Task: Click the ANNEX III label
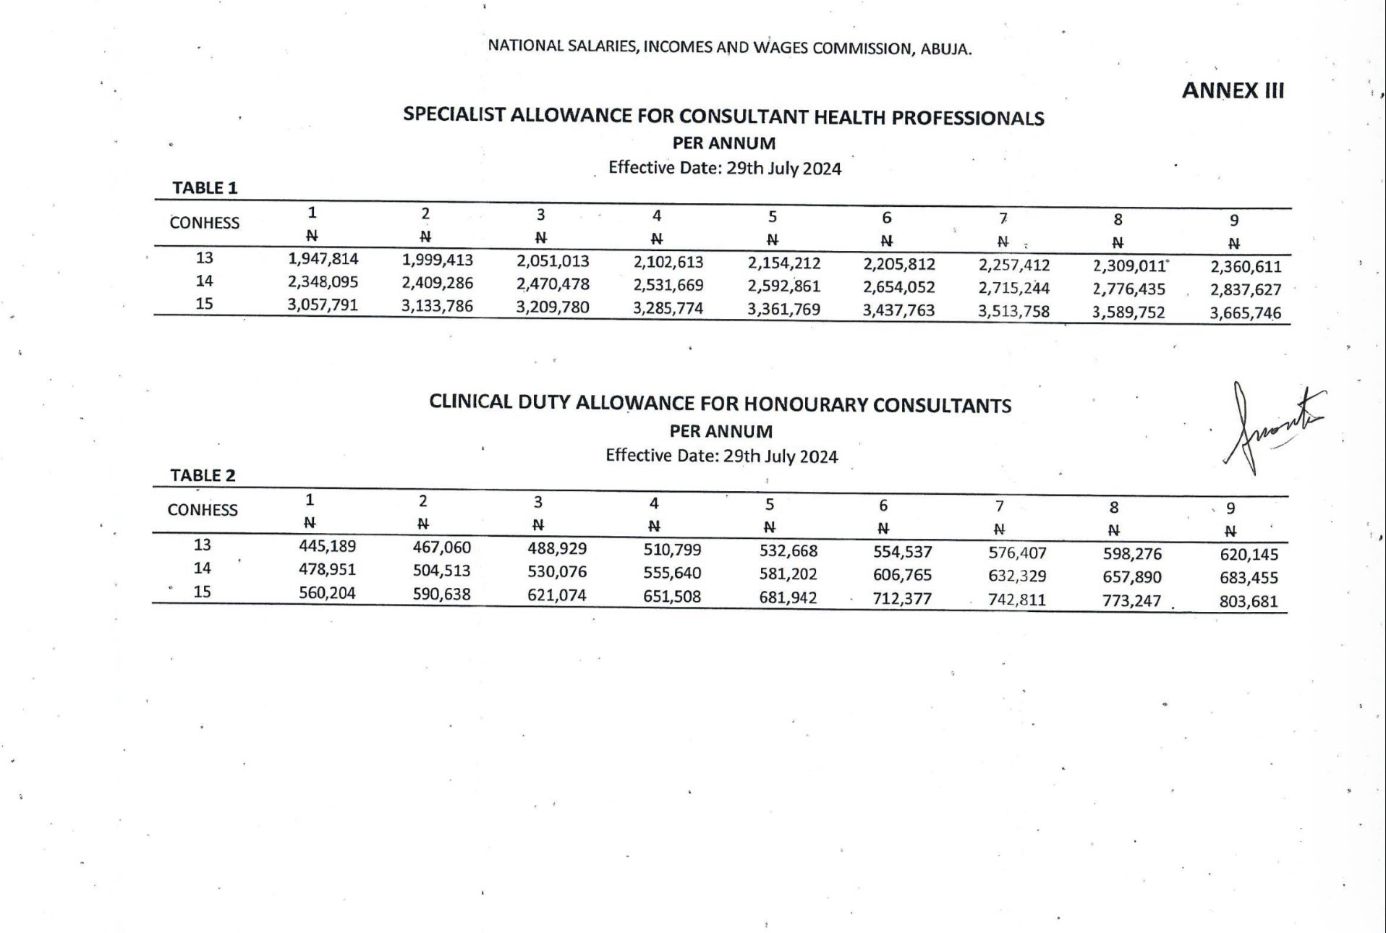click(1233, 90)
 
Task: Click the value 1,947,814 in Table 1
click(323, 258)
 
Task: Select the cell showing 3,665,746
click(1245, 313)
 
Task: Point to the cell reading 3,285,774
click(668, 309)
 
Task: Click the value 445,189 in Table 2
click(327, 546)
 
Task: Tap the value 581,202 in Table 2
click(788, 574)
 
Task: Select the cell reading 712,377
click(901, 599)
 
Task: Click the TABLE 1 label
click(205, 188)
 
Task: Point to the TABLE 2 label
click(203, 475)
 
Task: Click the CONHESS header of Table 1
click(204, 223)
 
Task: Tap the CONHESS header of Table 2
click(203, 510)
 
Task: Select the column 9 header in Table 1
click(1234, 220)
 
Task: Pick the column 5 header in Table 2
click(770, 504)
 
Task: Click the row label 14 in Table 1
click(205, 281)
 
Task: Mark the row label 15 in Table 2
click(202, 592)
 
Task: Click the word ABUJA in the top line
click(946, 50)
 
